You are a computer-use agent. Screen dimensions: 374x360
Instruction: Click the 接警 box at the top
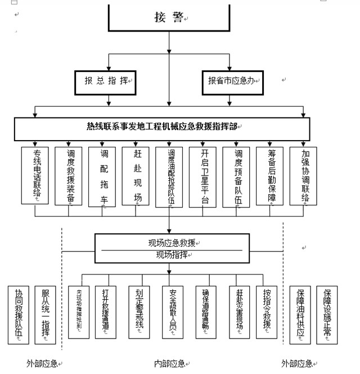169,18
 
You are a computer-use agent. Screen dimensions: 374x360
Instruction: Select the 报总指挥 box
107,81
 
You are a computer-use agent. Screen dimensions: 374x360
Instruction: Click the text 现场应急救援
169,244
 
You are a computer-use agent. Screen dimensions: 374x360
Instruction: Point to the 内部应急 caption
170,363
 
